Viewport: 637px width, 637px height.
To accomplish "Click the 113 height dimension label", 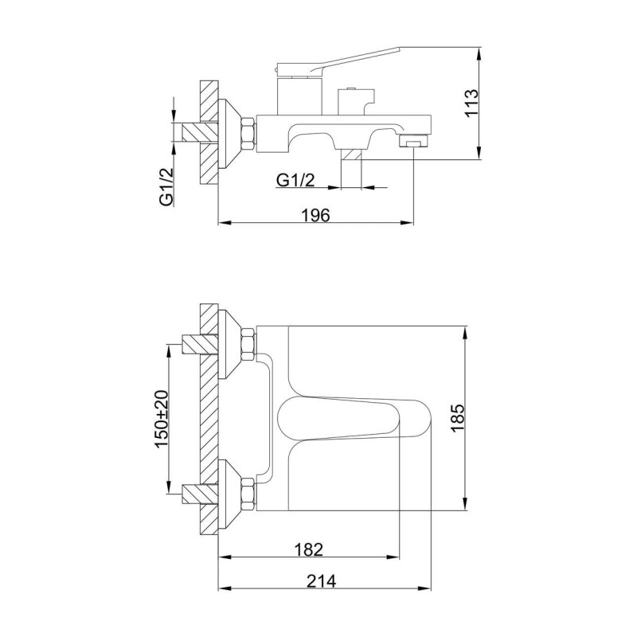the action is (472, 103).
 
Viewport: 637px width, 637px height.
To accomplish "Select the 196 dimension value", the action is (315, 215).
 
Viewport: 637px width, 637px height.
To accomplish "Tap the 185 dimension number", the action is (457, 418).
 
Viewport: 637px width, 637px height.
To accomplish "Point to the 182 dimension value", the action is (309, 549).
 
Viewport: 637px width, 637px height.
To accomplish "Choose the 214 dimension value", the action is (321, 581).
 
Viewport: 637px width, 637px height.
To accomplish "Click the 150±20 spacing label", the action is (162, 419).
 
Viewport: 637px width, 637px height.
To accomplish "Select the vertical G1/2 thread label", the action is (166, 187).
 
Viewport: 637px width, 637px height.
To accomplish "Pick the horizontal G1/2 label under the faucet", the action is (295, 180).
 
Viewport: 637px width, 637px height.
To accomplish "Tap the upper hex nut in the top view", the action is (248, 346).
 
